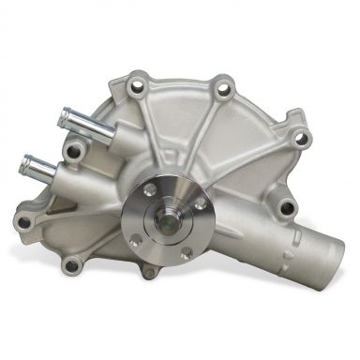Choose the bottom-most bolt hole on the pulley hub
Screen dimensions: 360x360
tap(186, 251)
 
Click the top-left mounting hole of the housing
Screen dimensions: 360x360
tap(140, 85)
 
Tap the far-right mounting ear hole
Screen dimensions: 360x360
tap(301, 138)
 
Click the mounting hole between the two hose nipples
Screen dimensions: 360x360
tap(73, 149)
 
